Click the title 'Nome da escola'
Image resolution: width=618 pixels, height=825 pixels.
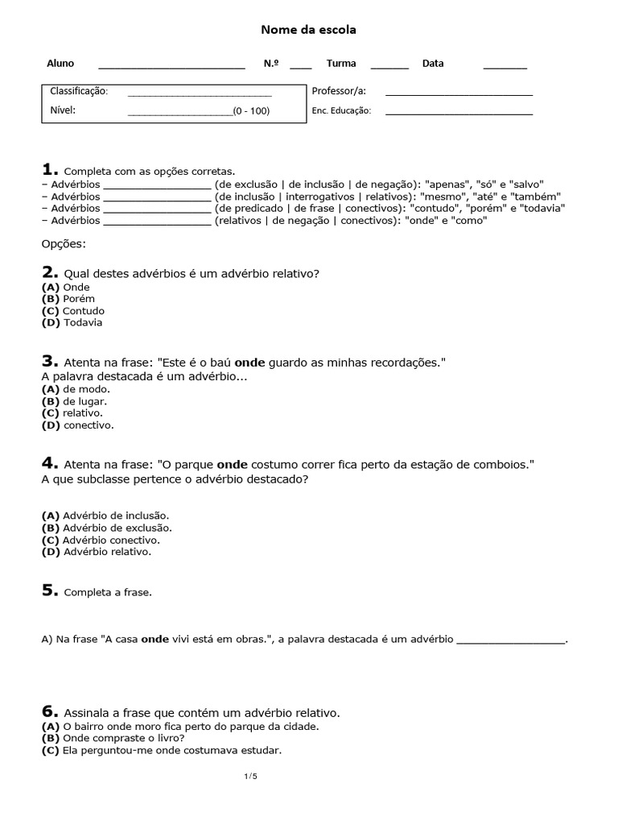pyautogui.click(x=308, y=30)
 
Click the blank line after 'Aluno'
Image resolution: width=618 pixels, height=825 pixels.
pyautogui.click(x=171, y=67)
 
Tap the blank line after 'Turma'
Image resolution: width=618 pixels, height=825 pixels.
pyautogui.click(x=389, y=67)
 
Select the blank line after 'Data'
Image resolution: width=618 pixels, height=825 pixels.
pyautogui.click(x=505, y=67)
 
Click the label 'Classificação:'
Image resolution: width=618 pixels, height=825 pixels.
pyautogui.click(x=79, y=91)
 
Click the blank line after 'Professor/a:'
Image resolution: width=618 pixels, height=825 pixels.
pyautogui.click(x=459, y=94)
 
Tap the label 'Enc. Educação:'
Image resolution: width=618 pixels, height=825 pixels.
pyautogui.click(x=341, y=111)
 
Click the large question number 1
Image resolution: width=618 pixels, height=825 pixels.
pyautogui.click(x=49, y=169)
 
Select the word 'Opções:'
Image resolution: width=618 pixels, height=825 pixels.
pyautogui.click(x=63, y=244)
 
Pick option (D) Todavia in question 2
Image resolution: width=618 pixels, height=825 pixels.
pyautogui.click(x=72, y=323)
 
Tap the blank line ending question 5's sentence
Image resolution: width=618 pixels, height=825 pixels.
pyautogui.click(x=511, y=641)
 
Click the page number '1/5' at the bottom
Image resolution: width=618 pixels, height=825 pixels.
pyautogui.click(x=250, y=776)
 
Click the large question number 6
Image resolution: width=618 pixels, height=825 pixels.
pyautogui.click(x=49, y=711)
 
